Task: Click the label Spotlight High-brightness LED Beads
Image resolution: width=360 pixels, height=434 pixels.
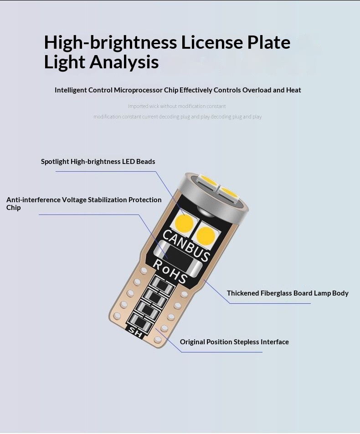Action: point(98,161)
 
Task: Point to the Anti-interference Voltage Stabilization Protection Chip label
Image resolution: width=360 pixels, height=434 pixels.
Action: point(84,199)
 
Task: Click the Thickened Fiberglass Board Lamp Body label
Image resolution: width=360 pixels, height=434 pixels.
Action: point(288,293)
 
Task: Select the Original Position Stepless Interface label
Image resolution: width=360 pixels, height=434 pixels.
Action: point(234,342)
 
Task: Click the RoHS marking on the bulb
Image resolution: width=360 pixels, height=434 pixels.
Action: point(170,271)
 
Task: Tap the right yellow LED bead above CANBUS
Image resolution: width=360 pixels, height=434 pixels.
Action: point(206,235)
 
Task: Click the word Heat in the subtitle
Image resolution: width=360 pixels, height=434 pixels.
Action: point(293,90)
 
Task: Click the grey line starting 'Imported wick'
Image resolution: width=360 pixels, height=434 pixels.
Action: point(177,106)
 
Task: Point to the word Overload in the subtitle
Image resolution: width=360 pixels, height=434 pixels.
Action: point(257,90)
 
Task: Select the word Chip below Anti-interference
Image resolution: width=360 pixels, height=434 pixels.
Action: point(14,208)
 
